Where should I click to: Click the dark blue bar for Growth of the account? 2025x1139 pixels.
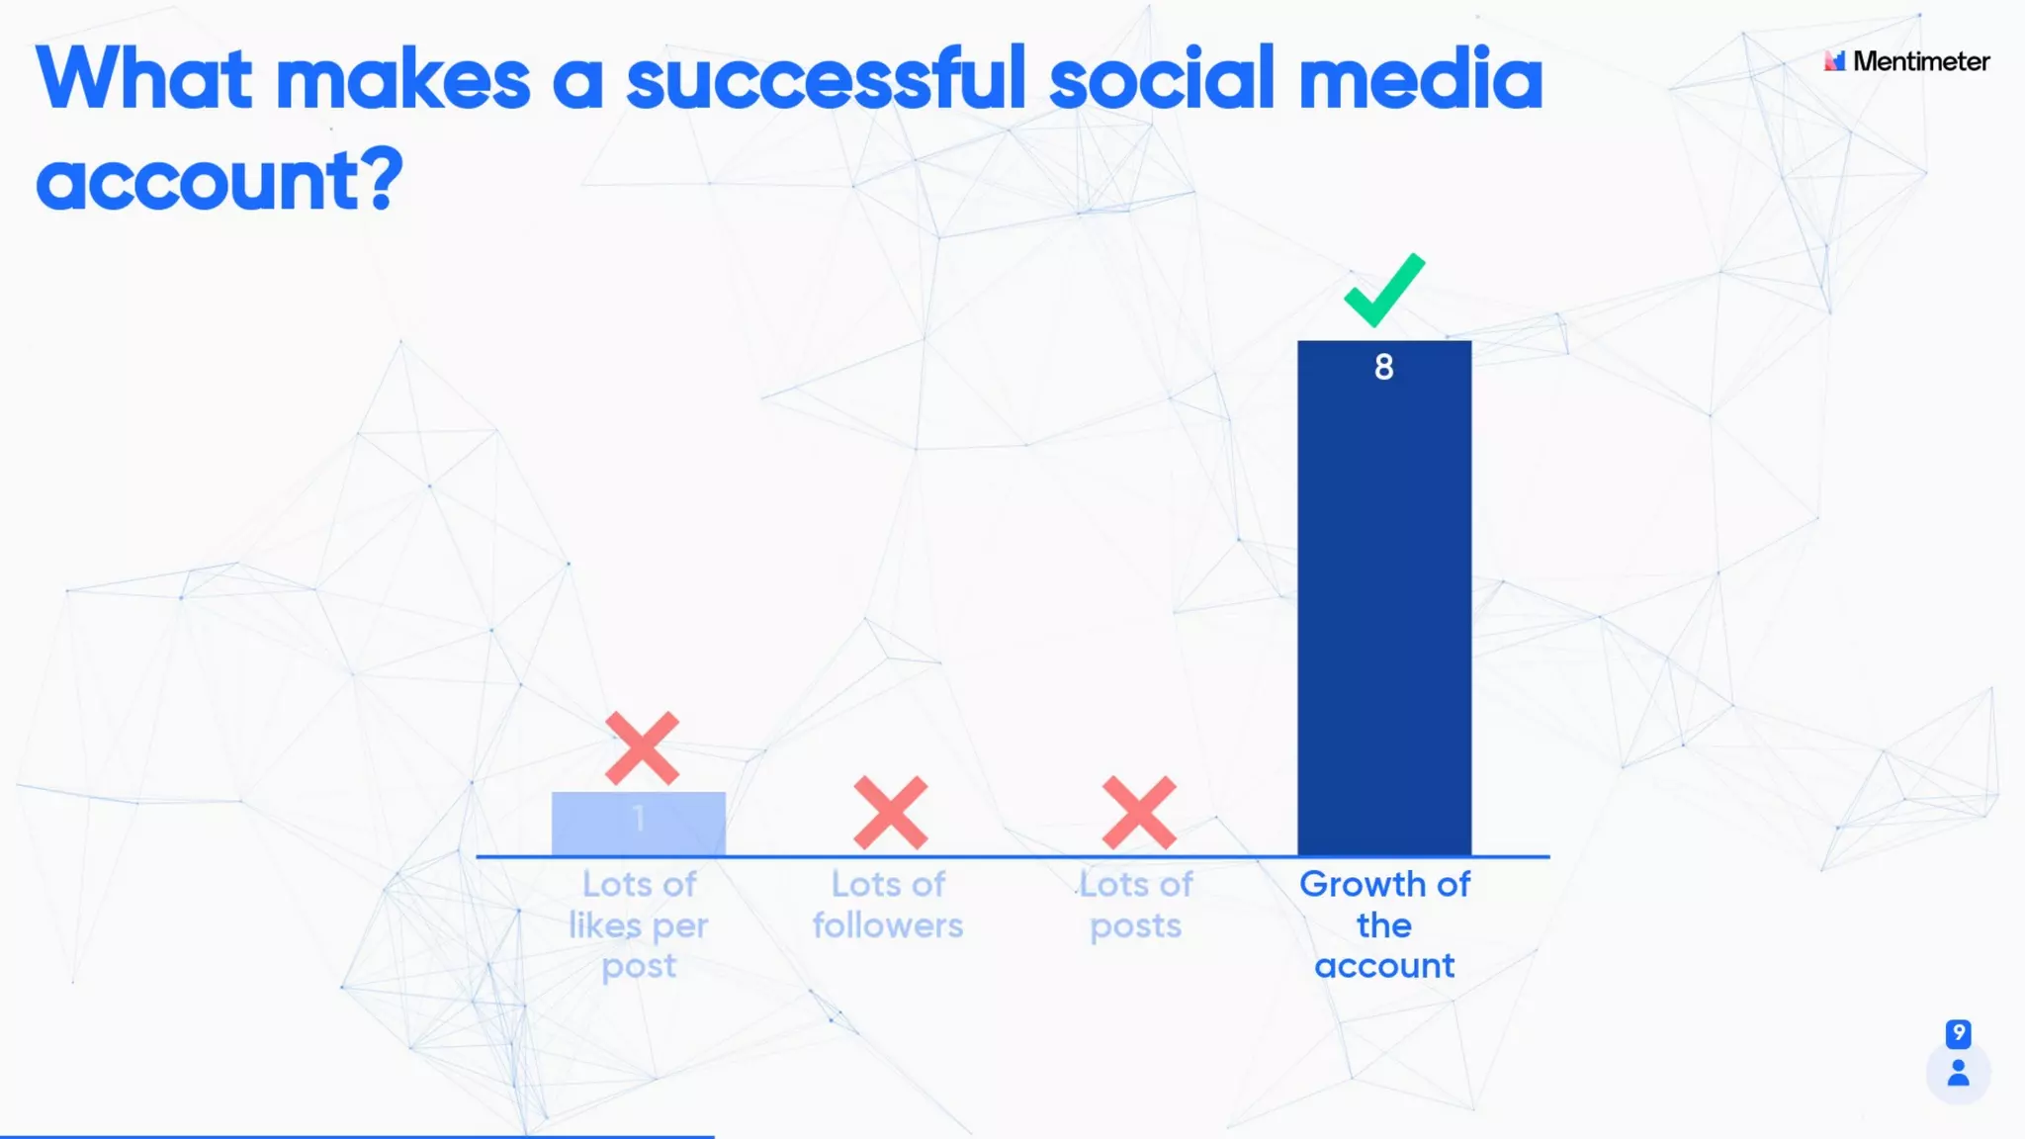pos(1384,613)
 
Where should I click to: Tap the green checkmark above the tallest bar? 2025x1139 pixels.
pos(1384,290)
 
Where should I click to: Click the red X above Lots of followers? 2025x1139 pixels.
pos(890,813)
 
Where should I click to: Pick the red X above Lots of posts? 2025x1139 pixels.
pos(1139,813)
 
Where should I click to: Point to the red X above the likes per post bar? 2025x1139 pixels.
pos(642,747)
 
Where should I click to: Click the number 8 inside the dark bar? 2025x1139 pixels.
pos(1384,367)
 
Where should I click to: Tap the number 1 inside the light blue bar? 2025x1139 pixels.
pos(639,818)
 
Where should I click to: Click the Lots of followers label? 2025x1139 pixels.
pos(888,905)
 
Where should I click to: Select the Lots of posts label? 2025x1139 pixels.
pos(1136,905)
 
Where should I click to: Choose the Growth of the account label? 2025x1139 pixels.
pos(1384,924)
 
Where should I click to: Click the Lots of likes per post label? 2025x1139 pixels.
pos(639,924)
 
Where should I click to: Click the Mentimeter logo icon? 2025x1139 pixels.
pos(1835,61)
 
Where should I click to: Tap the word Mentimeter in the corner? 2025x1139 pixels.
pos(1921,61)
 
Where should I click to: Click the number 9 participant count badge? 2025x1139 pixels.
pos(1958,1033)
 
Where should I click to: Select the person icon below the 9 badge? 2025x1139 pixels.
pos(1958,1073)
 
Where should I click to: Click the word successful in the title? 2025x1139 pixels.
pos(826,79)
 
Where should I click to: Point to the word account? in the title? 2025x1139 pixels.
pos(220,180)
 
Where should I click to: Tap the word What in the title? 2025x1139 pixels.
pos(144,79)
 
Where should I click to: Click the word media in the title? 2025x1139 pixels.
pos(1420,79)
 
